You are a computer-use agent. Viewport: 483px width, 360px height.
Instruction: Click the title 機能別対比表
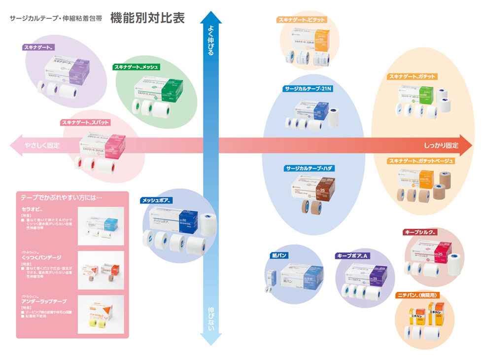pos(147,18)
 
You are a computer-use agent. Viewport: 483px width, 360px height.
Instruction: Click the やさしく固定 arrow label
pos(42,145)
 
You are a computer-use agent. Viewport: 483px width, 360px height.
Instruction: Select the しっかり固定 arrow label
pos(441,145)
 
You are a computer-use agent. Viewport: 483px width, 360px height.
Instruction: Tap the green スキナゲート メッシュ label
pos(137,67)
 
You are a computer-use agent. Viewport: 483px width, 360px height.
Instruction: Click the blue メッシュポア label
pos(156,201)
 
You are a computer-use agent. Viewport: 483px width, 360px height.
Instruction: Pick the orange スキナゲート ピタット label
pos(302,20)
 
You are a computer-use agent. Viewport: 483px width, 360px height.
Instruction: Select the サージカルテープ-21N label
pos(307,89)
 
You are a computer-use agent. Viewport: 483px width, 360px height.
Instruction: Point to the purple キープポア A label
pos(352,255)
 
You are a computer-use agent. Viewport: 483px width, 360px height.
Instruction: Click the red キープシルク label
pos(420,231)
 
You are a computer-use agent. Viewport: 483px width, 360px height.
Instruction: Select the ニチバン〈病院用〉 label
pos(417,295)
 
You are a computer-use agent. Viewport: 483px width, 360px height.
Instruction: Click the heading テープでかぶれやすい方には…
pos(62,197)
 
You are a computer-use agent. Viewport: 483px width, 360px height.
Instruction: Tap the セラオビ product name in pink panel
pos(31,209)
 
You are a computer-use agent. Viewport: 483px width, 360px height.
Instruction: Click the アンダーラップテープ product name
pos(43,301)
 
